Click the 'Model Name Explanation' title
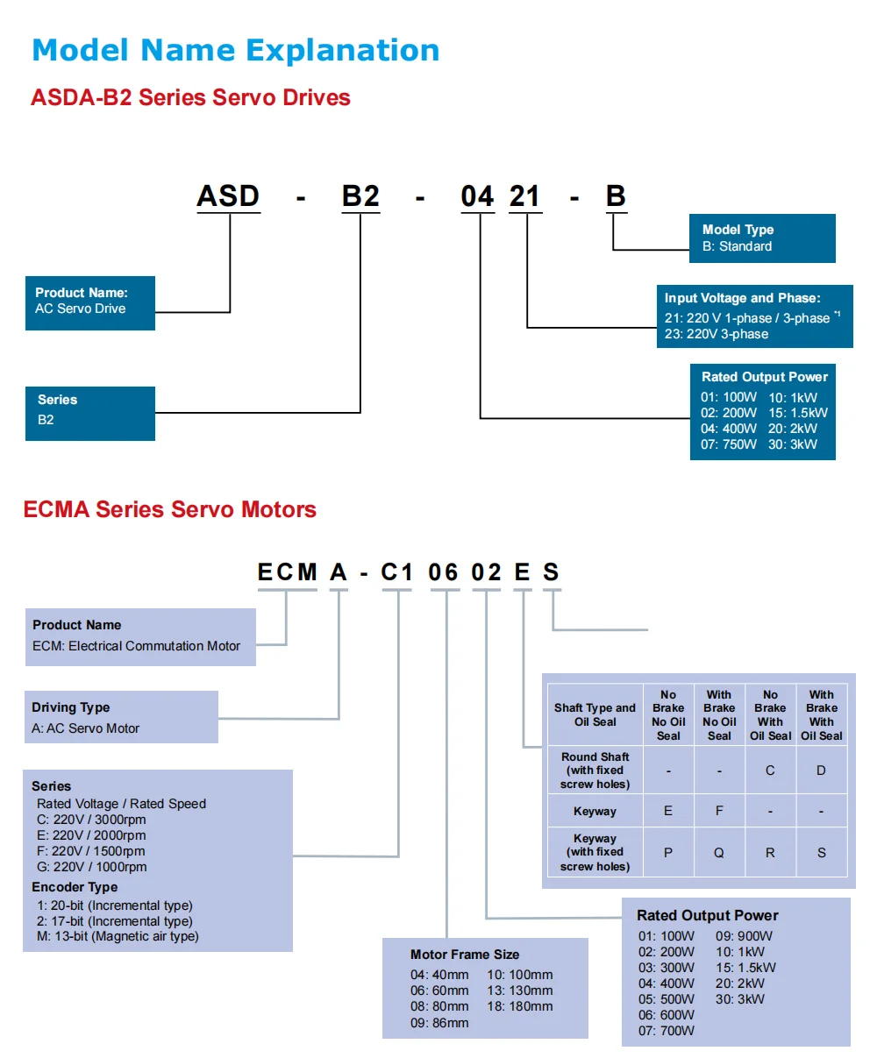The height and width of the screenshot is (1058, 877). [x=235, y=51]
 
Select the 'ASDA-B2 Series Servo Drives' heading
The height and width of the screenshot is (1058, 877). [x=190, y=97]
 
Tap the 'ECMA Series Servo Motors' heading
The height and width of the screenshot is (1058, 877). [x=169, y=509]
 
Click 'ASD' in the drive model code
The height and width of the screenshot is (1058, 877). [x=228, y=195]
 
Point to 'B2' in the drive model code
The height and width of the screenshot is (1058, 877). [x=360, y=195]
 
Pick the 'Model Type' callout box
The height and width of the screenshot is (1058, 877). [x=761, y=238]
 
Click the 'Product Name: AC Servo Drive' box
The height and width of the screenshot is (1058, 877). [x=89, y=301]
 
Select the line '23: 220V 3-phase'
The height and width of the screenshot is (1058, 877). [x=716, y=334]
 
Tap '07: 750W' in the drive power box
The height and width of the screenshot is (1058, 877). [x=728, y=444]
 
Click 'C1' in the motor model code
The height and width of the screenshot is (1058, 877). [x=396, y=572]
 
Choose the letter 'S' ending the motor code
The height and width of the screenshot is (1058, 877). [x=551, y=572]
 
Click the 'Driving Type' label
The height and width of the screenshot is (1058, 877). [x=71, y=707]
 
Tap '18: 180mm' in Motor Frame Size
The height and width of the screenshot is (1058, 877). [x=520, y=1006]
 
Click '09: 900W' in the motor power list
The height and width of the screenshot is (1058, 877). [x=744, y=936]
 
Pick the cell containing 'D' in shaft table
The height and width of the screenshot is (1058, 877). [x=821, y=770]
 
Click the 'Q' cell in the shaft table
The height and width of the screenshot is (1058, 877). [x=719, y=853]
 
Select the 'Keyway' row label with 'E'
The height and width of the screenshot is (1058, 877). [x=595, y=812]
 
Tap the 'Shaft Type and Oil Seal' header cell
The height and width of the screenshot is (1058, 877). [x=595, y=714]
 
